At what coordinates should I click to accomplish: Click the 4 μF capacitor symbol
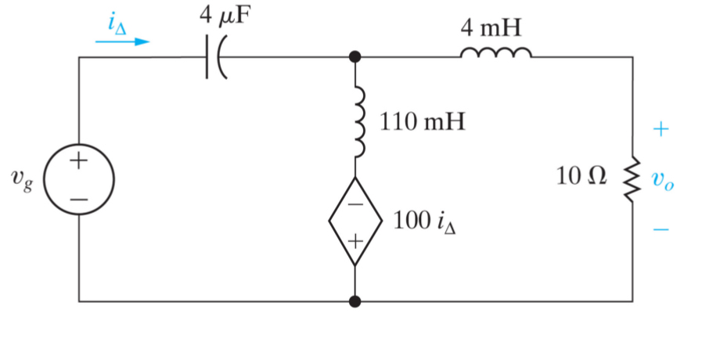pyautogui.click(x=214, y=57)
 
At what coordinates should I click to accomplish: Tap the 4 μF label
pyautogui.click(x=227, y=20)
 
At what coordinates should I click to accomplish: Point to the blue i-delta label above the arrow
pyautogui.click(x=117, y=23)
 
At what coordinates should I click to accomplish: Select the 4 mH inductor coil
pyautogui.click(x=495, y=53)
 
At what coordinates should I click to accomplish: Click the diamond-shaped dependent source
pyautogui.click(x=355, y=221)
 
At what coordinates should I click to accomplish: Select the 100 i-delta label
pyautogui.click(x=425, y=222)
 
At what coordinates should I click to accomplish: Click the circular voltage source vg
pyautogui.click(x=79, y=179)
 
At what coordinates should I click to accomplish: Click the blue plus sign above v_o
pyautogui.click(x=661, y=130)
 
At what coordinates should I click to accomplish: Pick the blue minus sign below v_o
pyautogui.click(x=661, y=229)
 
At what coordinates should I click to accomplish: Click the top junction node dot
pyautogui.click(x=355, y=57)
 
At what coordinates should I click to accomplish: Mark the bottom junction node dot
pyautogui.click(x=355, y=301)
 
